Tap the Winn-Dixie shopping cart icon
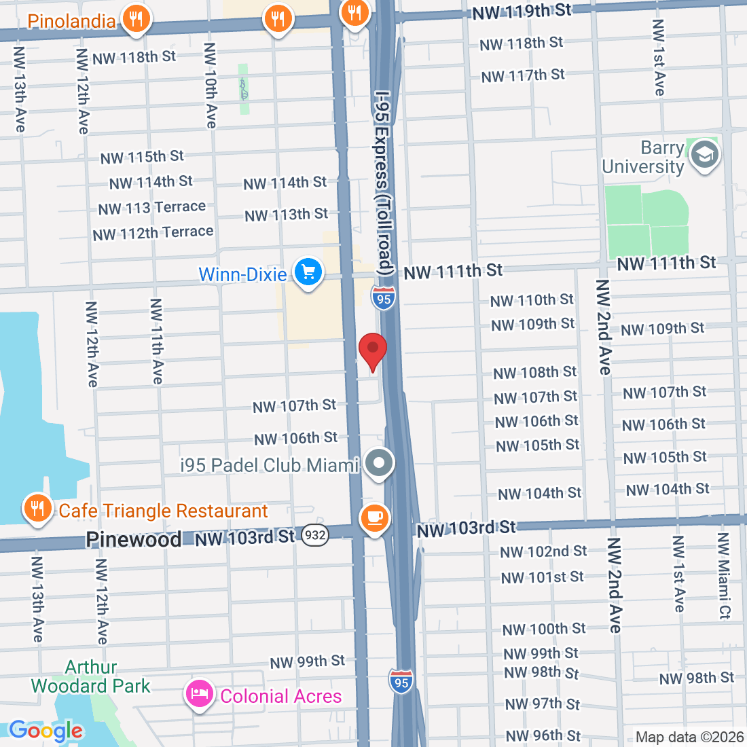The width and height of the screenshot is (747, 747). point(308,272)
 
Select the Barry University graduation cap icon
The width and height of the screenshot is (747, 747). point(704,155)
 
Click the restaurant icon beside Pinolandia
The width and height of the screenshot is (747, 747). point(136,19)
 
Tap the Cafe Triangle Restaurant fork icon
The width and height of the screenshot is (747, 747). point(37,508)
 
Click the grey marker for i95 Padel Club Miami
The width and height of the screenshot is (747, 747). point(379,464)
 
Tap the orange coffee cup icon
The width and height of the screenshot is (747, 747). point(374,518)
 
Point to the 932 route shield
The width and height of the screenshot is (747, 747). point(315,535)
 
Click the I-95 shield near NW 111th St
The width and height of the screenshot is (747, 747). point(384,299)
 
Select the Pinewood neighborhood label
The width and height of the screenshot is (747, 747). point(133,539)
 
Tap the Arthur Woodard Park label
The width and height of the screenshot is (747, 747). point(90,676)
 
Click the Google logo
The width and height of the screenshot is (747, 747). point(45,731)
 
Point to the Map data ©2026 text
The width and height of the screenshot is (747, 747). point(689,737)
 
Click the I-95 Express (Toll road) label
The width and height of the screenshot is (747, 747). point(384,183)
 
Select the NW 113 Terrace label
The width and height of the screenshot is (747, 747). point(151,208)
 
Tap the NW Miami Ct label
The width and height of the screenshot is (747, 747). point(724,576)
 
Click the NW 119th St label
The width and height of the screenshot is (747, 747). point(522,12)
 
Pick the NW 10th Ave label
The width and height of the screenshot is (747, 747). point(211,86)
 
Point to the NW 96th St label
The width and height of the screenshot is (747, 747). point(543,735)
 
